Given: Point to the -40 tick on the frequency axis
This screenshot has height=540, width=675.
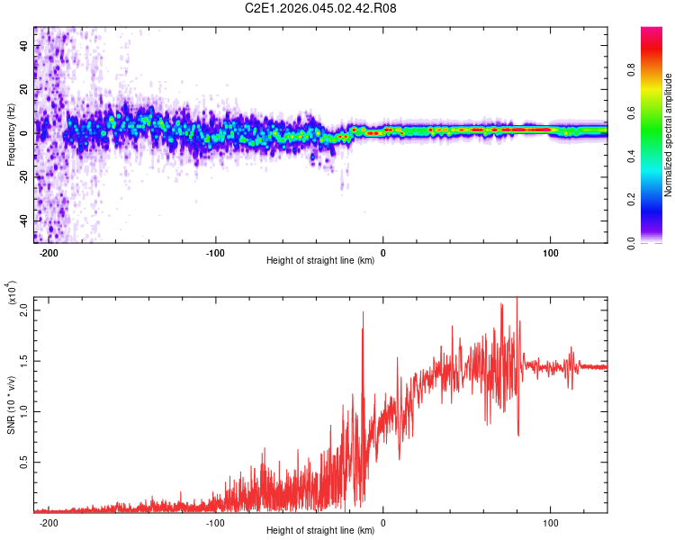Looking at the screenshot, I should pyautogui.click(x=22, y=220).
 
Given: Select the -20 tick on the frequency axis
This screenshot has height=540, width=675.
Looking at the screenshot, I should pyautogui.click(x=22, y=176).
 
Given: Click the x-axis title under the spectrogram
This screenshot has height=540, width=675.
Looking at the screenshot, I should pyautogui.click(x=320, y=261).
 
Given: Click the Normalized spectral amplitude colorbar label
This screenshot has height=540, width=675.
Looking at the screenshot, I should pyautogui.click(x=669, y=135).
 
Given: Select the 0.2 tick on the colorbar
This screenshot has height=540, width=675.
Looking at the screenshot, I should pyautogui.click(x=658, y=200).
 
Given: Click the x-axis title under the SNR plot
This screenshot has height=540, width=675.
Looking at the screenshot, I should pyautogui.click(x=320, y=531).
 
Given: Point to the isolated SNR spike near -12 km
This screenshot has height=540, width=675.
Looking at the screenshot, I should pyautogui.click(x=363, y=314).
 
